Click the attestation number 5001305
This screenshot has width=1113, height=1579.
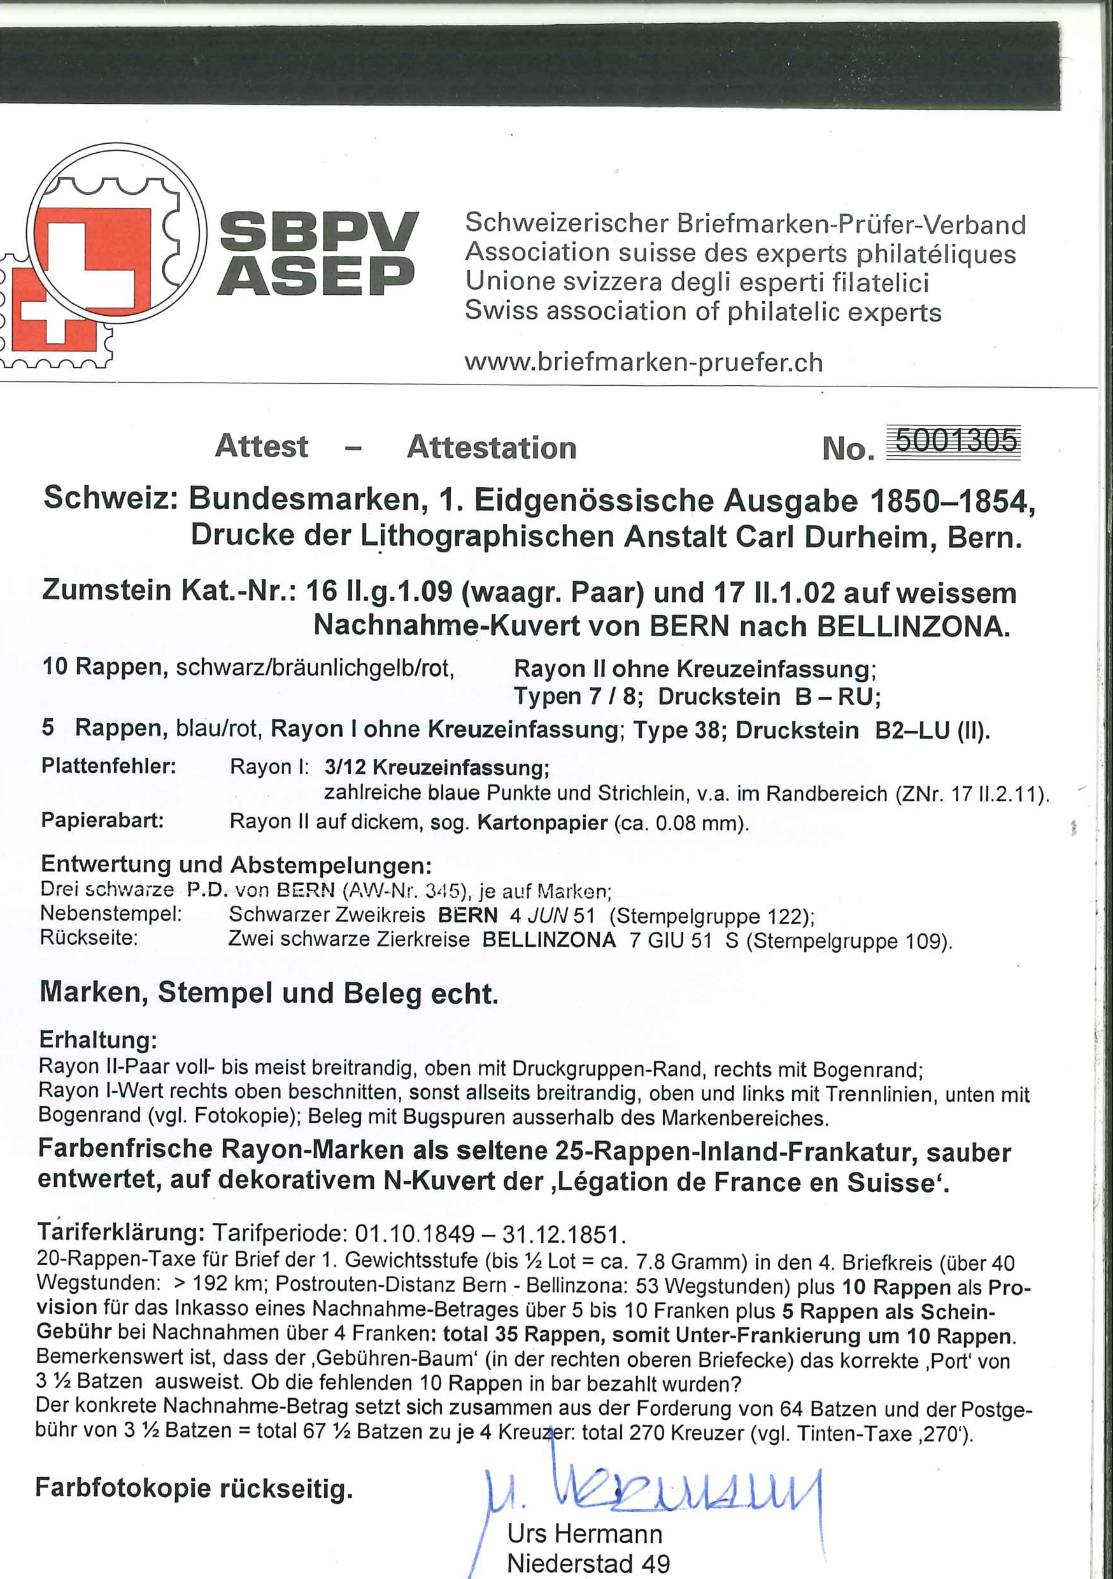956,441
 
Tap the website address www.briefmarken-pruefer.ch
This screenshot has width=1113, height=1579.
643,362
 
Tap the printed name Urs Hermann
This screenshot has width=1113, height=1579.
584,1533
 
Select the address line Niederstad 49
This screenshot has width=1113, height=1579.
588,1563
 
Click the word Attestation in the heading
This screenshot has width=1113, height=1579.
491,447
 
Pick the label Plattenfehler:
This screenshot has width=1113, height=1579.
109,766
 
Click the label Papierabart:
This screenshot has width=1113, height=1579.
103,821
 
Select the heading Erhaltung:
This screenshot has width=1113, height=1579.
98,1039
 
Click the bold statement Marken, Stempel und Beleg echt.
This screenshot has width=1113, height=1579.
268,993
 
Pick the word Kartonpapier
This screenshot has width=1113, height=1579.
542,823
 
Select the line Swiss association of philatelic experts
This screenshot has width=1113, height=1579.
702,311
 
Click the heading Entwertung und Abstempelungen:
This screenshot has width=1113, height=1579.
237,864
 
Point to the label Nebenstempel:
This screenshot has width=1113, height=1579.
111,914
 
